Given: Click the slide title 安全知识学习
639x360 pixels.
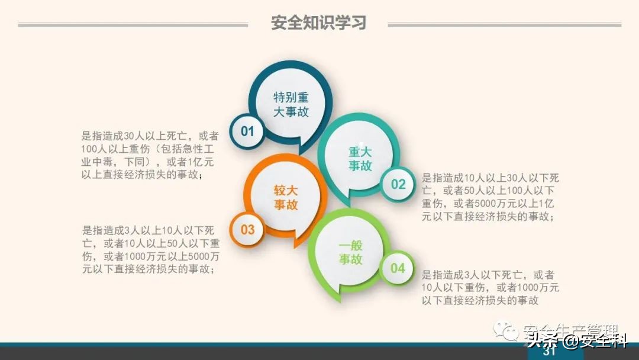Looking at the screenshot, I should pyautogui.click(x=318, y=22).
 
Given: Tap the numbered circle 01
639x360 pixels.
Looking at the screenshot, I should pyautogui.click(x=247, y=131).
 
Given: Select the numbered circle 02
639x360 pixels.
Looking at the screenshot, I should pyautogui.click(x=398, y=184).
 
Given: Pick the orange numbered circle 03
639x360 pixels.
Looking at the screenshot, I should pyautogui.click(x=247, y=229).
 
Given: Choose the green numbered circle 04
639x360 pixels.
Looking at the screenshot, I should pyautogui.click(x=398, y=268).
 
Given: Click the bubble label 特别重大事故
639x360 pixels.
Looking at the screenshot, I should pyautogui.click(x=291, y=104).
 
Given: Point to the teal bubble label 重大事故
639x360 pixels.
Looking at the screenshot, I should pyautogui.click(x=360, y=159).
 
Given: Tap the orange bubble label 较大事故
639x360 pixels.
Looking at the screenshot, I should pyautogui.click(x=286, y=198).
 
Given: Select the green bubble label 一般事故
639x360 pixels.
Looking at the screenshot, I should pyautogui.click(x=351, y=252).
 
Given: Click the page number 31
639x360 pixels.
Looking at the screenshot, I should pyautogui.click(x=549, y=352).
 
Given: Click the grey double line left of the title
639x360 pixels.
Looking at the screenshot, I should pyautogui.click(x=133, y=25).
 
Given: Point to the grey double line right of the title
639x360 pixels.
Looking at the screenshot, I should pyautogui.click(x=504, y=25).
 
